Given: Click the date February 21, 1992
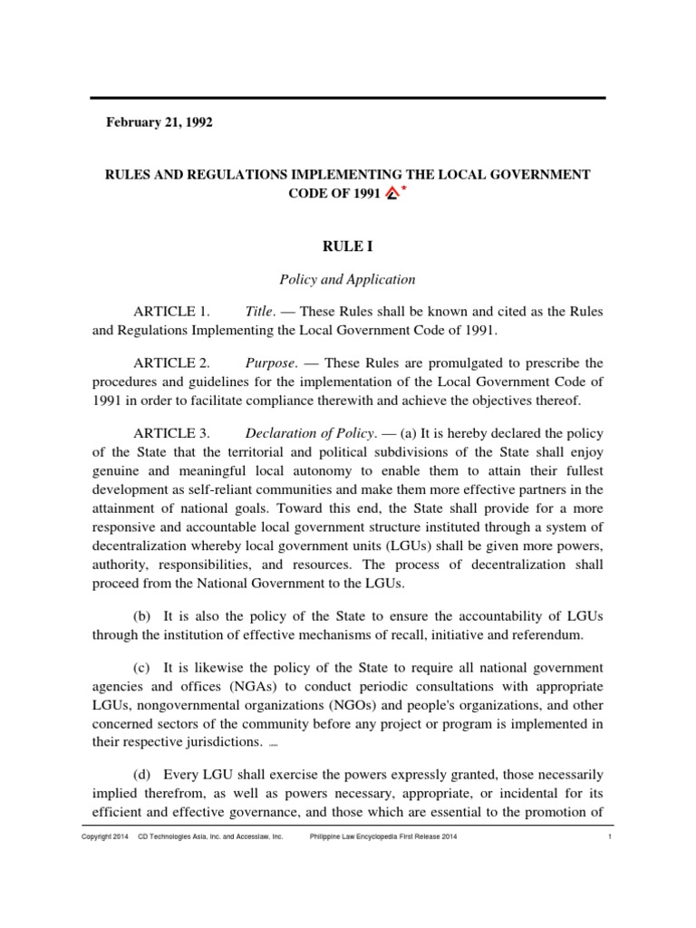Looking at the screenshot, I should click(x=160, y=122).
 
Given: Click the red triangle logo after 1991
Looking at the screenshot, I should click(x=391, y=192).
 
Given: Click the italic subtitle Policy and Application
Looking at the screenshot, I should click(x=348, y=280).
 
